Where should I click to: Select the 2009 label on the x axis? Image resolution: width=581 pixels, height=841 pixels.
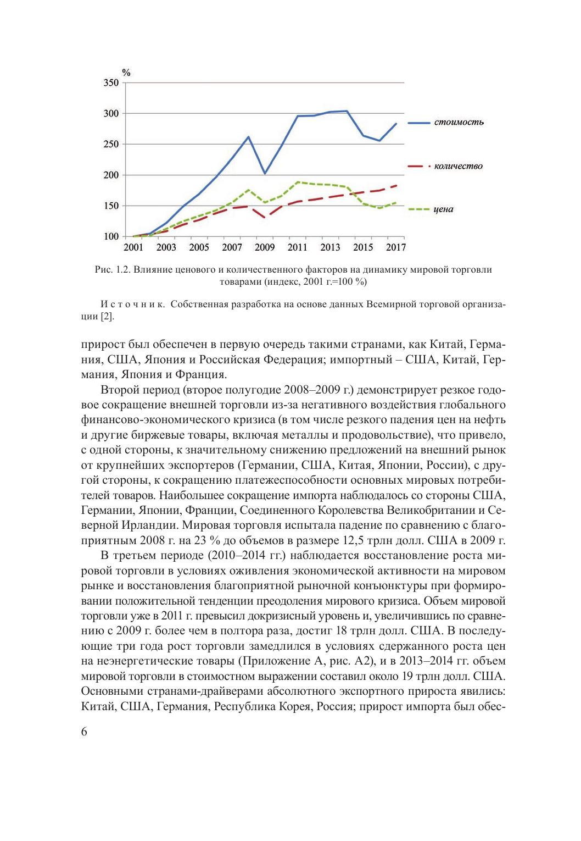pyautogui.click(x=265, y=248)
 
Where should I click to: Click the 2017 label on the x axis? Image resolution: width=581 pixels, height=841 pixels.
pyautogui.click(x=395, y=248)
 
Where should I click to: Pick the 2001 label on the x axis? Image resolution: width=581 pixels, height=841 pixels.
pyautogui.click(x=133, y=248)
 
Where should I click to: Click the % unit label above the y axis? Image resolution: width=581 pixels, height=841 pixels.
pyautogui.click(x=126, y=72)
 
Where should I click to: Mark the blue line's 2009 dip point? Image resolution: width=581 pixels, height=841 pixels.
pyautogui.click(x=265, y=174)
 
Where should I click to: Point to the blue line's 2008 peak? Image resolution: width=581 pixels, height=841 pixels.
pyautogui.click(x=248, y=136)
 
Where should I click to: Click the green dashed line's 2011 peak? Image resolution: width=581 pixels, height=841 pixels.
pyautogui.click(x=298, y=181)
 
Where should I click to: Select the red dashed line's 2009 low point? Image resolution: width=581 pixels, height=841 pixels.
pyautogui.click(x=265, y=218)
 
